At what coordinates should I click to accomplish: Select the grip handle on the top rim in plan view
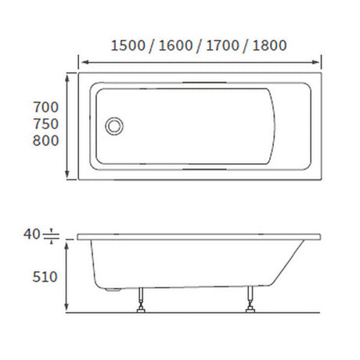pyautogui.click(x=201, y=80)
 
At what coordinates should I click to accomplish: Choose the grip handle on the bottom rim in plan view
pyautogui.click(x=201, y=169)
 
